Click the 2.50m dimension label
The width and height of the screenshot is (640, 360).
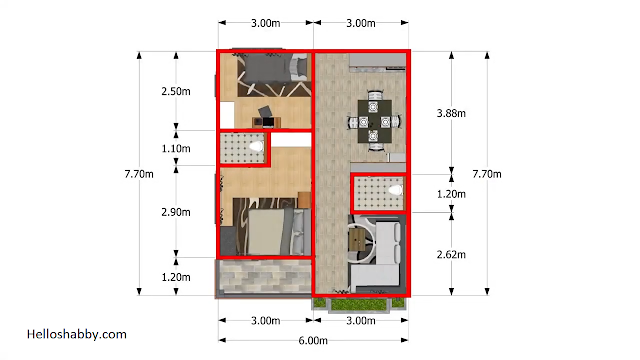click(176, 91)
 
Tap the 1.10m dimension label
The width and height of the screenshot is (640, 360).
click(176, 148)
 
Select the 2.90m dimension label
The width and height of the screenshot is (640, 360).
click(176, 212)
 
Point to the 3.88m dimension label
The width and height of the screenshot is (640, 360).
click(451, 113)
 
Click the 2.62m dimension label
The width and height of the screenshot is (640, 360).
click(451, 254)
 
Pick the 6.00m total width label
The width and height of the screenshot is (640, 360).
click(313, 340)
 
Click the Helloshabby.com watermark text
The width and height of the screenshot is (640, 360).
click(77, 334)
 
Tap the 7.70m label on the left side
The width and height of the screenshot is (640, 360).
click(139, 174)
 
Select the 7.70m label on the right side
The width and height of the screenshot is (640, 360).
click(487, 174)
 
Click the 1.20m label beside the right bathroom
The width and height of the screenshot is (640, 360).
click(451, 194)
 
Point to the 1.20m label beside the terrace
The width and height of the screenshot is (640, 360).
click(176, 277)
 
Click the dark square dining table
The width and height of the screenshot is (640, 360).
click(375, 121)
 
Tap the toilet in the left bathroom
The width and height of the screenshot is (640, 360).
click(256, 146)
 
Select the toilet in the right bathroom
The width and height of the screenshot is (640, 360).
click(395, 190)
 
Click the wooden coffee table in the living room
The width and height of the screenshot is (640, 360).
click(357, 239)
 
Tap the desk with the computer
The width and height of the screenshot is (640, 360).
click(266, 122)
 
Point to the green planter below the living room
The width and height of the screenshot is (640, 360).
click(359, 304)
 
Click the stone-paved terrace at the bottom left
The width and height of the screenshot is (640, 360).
click(264, 276)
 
